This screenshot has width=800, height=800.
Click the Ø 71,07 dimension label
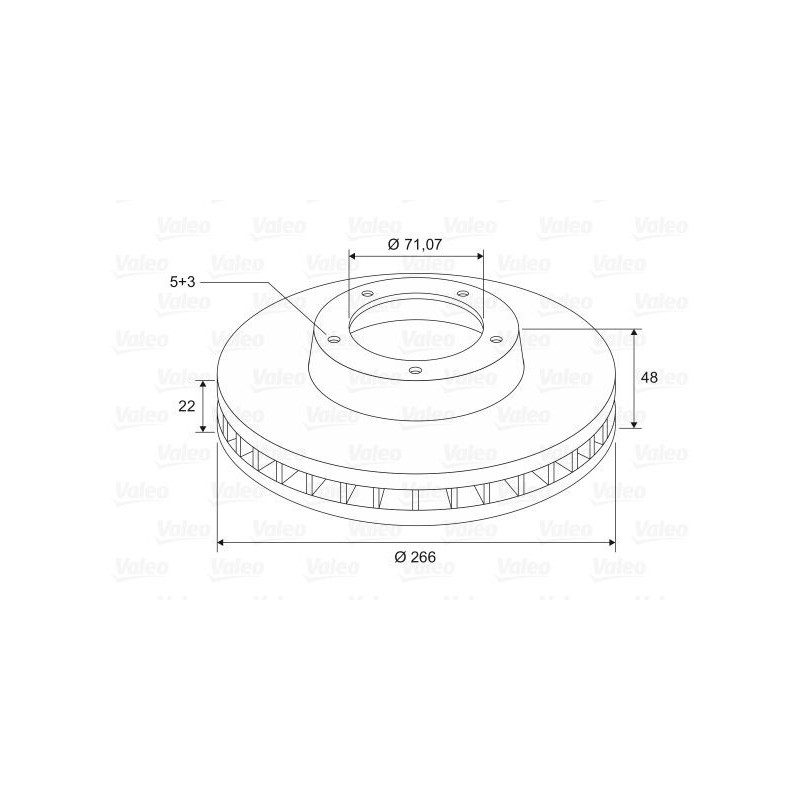click(x=414, y=244)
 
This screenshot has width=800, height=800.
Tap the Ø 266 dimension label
click(x=415, y=557)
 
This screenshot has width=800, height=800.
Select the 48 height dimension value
click(x=649, y=378)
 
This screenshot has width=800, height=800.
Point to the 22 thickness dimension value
click(x=187, y=406)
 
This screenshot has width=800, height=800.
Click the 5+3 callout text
click(x=183, y=282)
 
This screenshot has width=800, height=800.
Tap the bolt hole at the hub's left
click(x=334, y=340)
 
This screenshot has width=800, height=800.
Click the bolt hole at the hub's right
click(x=496, y=339)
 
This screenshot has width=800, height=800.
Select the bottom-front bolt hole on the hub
click(x=416, y=370)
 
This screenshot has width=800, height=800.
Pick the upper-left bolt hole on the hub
click(x=367, y=294)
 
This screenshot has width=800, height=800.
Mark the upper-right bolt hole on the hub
click(x=463, y=293)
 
